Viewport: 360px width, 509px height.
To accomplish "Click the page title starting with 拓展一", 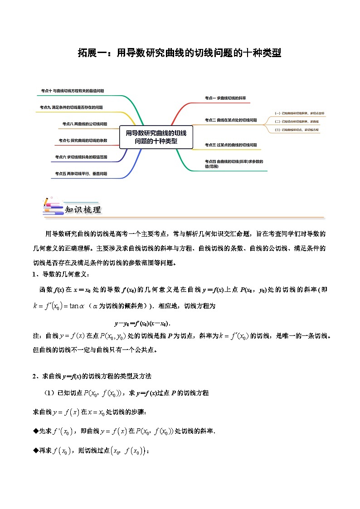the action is click(180, 53).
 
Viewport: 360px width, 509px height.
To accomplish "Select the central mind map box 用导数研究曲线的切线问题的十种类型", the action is click(156, 136).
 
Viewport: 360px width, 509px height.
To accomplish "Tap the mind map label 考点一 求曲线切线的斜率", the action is click(225, 98).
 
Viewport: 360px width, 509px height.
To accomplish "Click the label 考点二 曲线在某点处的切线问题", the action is click(230, 120).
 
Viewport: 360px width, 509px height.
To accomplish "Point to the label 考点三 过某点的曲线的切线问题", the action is click(230, 145).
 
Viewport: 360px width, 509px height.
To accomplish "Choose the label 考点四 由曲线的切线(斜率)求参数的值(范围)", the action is click(234, 164).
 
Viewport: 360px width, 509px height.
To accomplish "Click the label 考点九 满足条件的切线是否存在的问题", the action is click(71, 107).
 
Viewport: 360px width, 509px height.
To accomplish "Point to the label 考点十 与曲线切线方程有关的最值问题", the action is click(72, 91).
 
